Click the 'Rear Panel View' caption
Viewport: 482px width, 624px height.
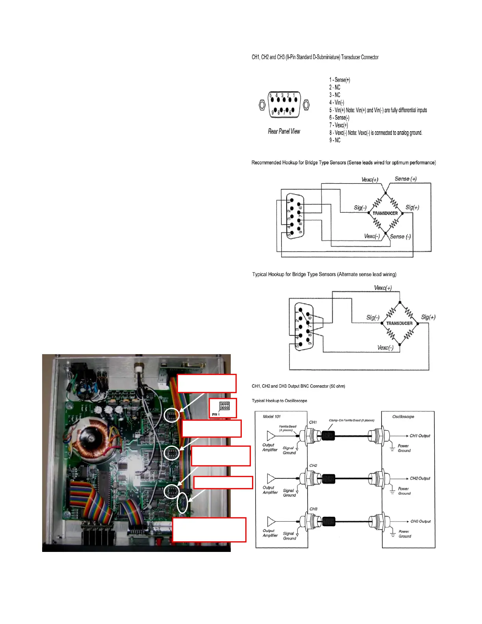pos(284,132)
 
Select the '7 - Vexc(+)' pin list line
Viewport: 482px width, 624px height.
pos(339,125)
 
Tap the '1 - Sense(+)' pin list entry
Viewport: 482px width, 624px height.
pos(339,80)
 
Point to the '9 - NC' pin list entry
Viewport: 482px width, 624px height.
pos(335,140)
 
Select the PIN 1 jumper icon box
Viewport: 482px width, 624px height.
pos(223,408)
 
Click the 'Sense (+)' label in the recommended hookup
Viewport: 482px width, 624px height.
pos(406,179)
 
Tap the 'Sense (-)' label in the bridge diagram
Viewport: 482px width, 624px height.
pos(400,237)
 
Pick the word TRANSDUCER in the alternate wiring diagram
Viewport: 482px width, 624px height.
pos(399,323)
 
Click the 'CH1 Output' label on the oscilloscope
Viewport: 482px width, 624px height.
pos(420,436)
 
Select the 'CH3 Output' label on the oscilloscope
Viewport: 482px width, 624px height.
pos(421,521)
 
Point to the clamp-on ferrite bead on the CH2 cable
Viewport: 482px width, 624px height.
pos(328,479)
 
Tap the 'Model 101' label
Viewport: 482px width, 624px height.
pos(272,416)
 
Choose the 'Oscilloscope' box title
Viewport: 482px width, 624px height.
pos(403,416)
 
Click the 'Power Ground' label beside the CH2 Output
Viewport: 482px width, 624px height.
pos(404,491)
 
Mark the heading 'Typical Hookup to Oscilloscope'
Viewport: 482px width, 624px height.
pos(280,401)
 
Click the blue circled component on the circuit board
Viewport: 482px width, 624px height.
pos(182,503)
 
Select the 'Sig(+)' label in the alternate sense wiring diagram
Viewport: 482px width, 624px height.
pos(428,317)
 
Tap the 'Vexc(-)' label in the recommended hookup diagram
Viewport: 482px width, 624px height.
pos(372,236)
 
